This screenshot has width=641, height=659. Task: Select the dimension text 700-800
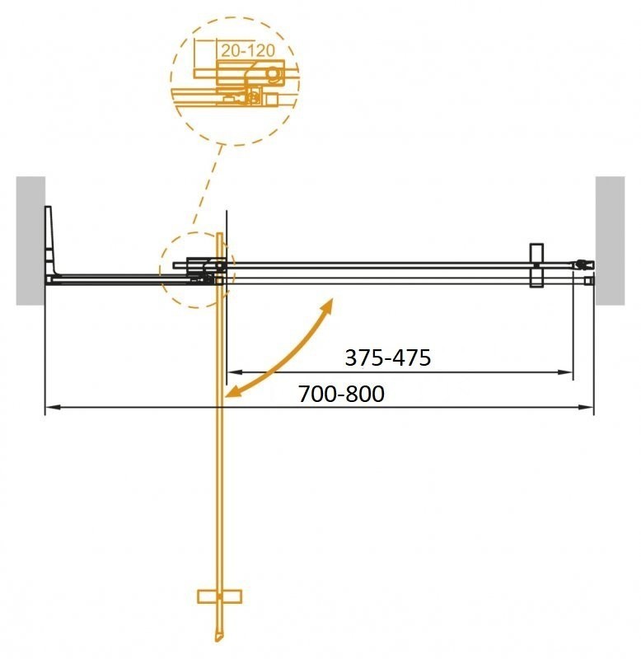(x=342, y=395)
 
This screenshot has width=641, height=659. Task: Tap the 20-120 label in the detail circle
(x=247, y=49)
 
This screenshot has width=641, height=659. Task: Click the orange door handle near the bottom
(x=219, y=595)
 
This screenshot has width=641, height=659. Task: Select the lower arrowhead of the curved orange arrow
(x=232, y=393)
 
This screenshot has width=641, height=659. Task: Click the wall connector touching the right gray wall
(x=586, y=265)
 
